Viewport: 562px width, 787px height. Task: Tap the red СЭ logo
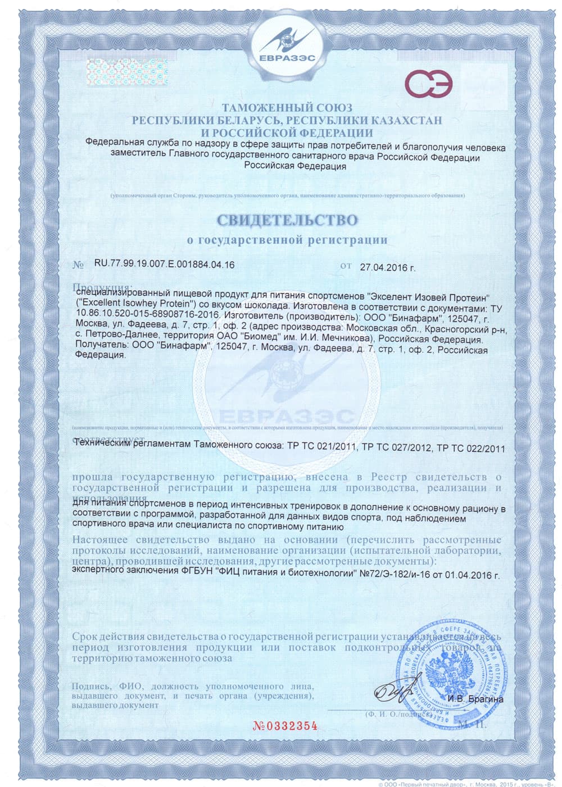[431, 85]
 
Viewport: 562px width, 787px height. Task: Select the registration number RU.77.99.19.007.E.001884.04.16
[164, 265]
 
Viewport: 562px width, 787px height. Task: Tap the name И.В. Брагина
[475, 699]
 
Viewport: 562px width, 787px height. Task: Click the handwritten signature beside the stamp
[393, 695]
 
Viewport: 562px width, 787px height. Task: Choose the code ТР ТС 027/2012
[397, 449]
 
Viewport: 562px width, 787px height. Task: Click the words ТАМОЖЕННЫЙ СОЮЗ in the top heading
[287, 107]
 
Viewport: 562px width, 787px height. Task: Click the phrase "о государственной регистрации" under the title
[287, 240]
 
